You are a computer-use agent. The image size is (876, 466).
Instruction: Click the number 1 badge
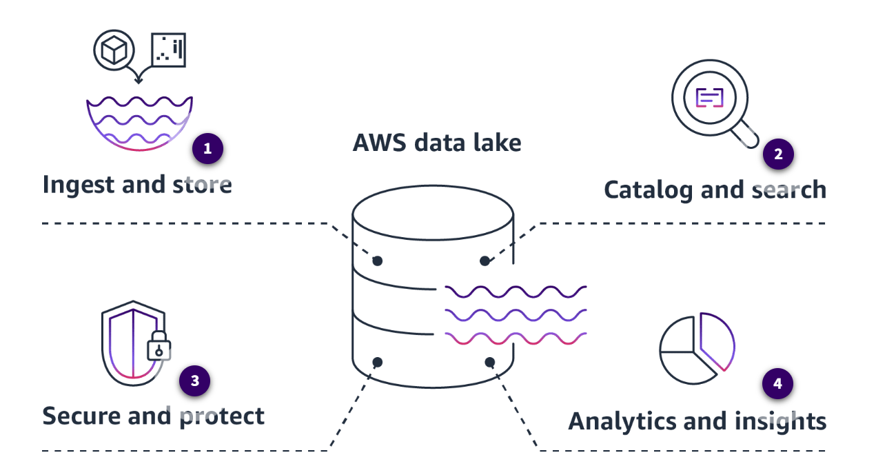click(x=207, y=148)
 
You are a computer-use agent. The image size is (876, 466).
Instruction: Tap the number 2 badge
click(x=778, y=154)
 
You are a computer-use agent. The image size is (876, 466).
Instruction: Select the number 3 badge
click(x=194, y=381)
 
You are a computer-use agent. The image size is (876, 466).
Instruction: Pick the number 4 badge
click(x=778, y=384)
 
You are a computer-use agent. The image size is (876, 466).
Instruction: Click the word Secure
click(x=81, y=416)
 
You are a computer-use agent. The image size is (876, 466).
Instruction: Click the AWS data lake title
click(x=437, y=143)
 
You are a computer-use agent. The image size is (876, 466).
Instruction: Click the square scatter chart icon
click(x=168, y=50)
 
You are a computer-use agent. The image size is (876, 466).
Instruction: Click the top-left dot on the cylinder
click(x=377, y=261)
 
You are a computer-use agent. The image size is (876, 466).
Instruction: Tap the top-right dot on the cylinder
click(x=485, y=261)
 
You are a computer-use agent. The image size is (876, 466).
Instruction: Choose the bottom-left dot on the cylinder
click(x=377, y=362)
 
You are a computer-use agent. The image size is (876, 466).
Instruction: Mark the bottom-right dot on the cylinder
click(x=490, y=362)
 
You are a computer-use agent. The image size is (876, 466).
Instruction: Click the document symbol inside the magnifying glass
click(x=709, y=97)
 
